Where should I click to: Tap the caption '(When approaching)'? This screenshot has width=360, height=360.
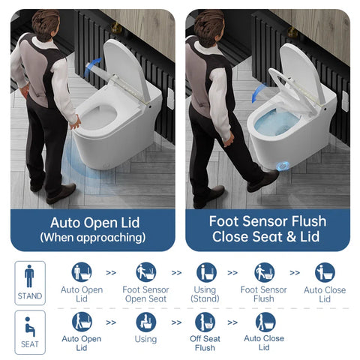coord(92,238)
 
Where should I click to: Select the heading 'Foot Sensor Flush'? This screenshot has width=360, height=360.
coord(268,221)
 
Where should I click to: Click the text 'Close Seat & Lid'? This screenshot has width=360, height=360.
coord(268,238)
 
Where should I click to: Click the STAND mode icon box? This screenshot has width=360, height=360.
coord(29,283)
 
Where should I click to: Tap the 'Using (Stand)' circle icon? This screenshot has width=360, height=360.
coord(205,272)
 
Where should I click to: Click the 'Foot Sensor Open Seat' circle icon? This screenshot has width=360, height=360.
coord(145,272)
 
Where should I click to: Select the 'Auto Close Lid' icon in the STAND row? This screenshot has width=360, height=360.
coord(325,272)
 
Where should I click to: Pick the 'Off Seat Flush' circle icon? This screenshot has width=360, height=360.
coord(205,322)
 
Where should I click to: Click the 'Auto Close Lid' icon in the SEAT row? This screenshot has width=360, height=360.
coord(264,322)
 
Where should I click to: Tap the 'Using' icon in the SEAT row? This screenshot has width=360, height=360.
coord(145,322)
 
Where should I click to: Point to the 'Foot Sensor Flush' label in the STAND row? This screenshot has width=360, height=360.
coord(264,294)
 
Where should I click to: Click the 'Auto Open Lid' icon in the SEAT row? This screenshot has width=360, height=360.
coord(81,322)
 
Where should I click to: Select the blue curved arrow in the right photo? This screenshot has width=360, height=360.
coord(259,93)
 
